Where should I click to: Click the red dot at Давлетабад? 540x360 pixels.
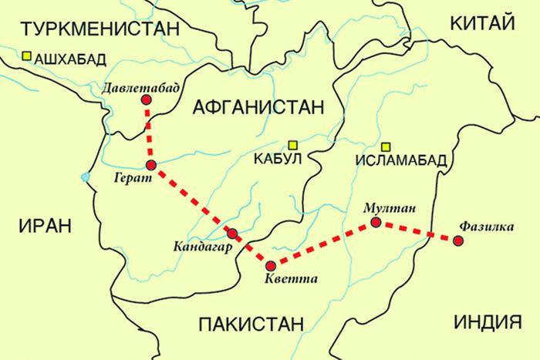[147, 100]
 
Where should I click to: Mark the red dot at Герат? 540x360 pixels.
[151, 165]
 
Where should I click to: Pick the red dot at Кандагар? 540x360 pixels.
[232, 233]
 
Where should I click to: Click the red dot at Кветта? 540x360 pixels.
[269, 260]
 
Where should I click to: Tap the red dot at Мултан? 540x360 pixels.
[375, 223]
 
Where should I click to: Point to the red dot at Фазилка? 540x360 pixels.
[458, 241]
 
